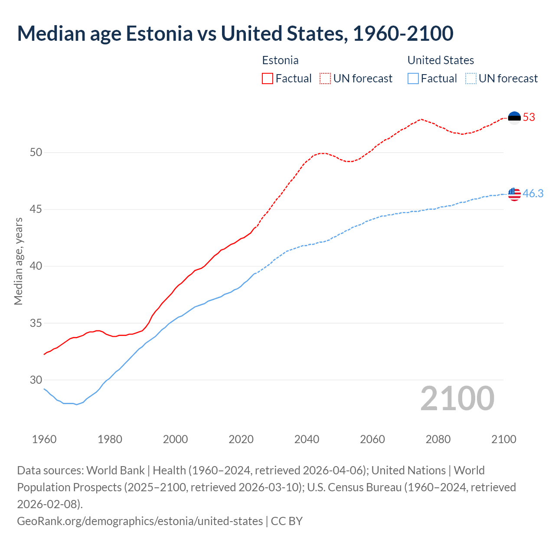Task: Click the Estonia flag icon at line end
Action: click(x=514, y=118)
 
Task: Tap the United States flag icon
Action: click(x=514, y=194)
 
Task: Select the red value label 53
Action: click(x=529, y=118)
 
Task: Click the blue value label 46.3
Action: click(x=533, y=194)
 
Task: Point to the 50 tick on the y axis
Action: click(x=36, y=153)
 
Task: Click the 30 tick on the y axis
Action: click(x=36, y=380)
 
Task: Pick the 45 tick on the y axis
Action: click(x=36, y=209)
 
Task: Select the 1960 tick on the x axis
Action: click(x=44, y=439)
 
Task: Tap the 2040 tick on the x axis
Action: click(x=307, y=439)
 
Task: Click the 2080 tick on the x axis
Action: click(x=438, y=439)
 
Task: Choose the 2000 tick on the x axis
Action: click(x=175, y=439)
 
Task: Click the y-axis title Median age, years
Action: click(x=18, y=261)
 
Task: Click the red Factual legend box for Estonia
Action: click(x=268, y=78)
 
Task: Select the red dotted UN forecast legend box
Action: click(x=325, y=78)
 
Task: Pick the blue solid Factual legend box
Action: click(x=413, y=78)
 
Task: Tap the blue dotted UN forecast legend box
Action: click(x=471, y=78)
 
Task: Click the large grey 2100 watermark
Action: click(x=457, y=398)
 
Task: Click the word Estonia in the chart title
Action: click(x=159, y=33)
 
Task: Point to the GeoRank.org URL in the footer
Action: click(x=140, y=521)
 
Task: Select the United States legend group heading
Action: click(x=441, y=60)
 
